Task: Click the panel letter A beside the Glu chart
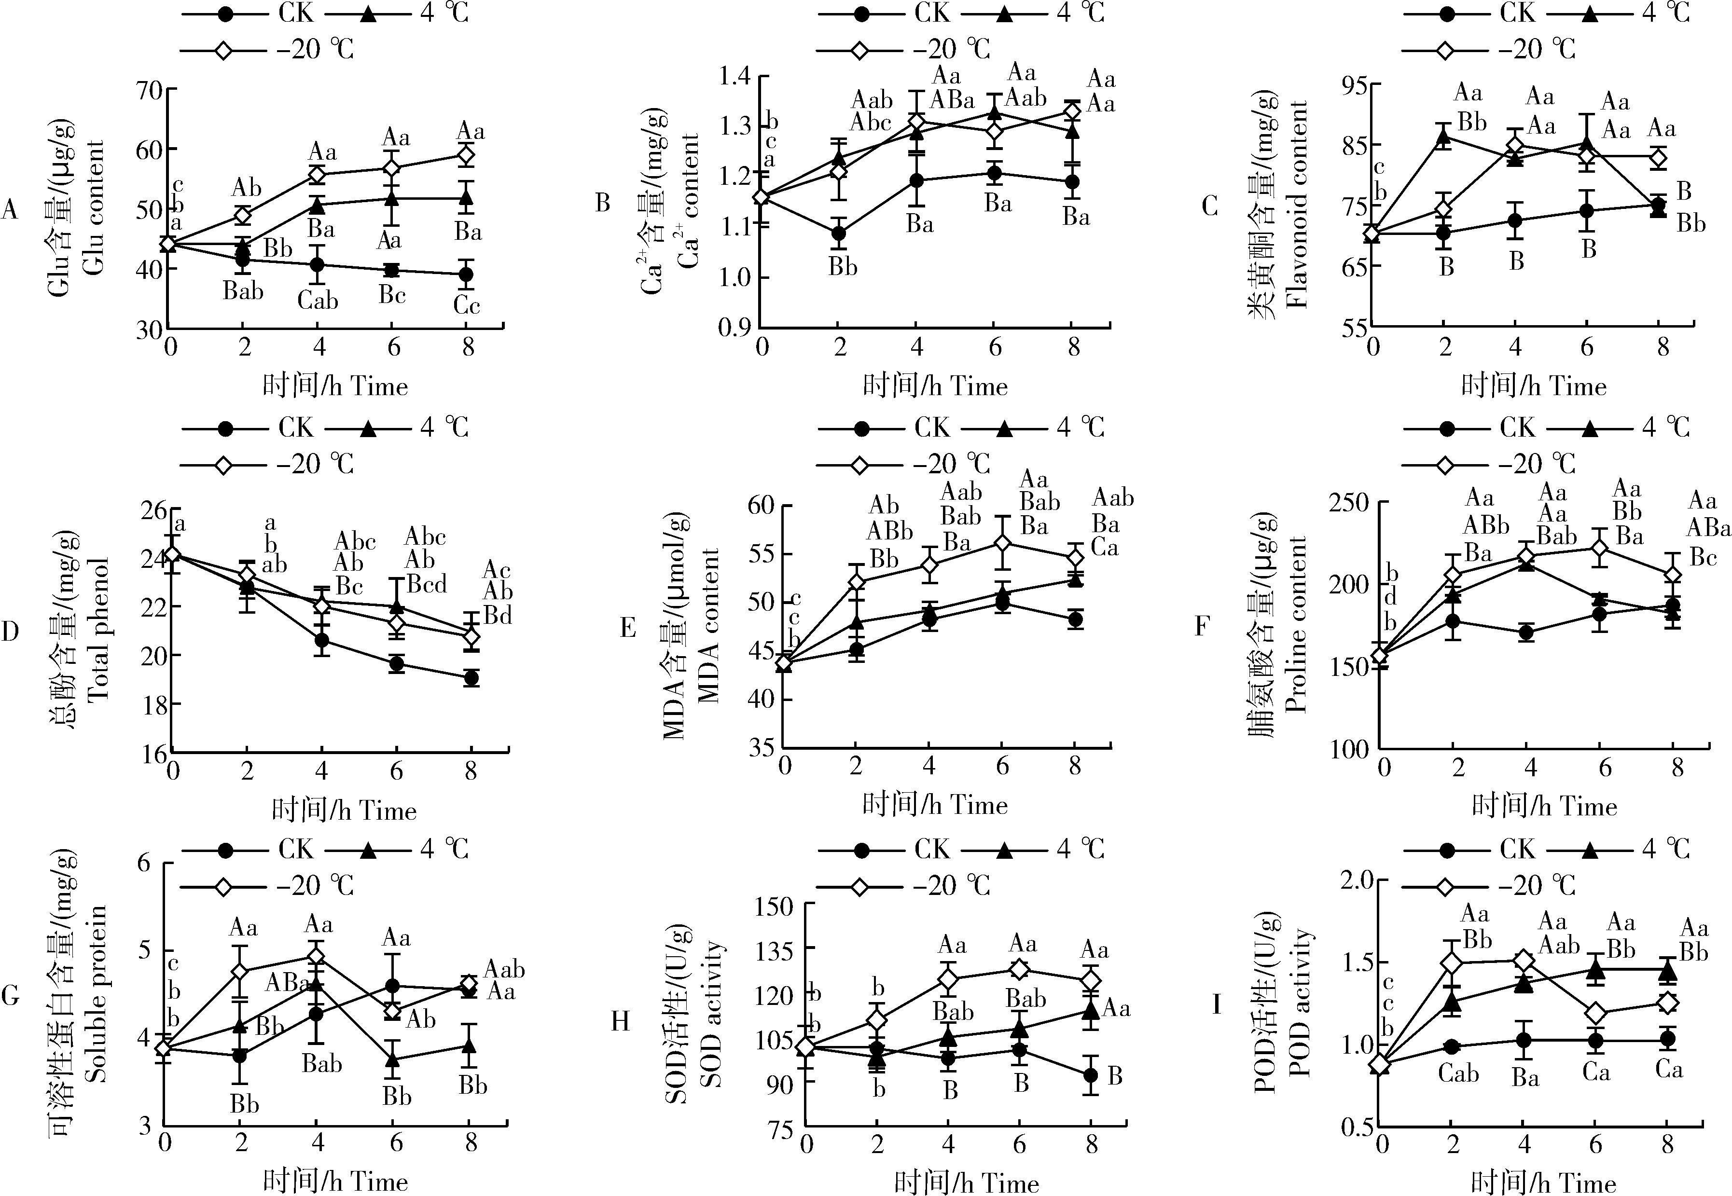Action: pos(9,210)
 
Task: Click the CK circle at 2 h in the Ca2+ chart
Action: pos(839,233)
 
